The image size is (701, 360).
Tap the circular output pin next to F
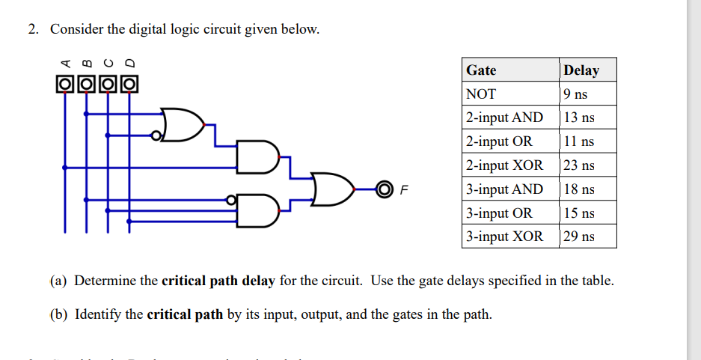pyautogui.click(x=384, y=188)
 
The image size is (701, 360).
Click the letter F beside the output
pyautogui.click(x=404, y=189)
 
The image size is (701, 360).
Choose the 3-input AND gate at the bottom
pyautogui.click(x=254, y=210)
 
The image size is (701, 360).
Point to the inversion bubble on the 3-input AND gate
pyautogui.click(x=232, y=200)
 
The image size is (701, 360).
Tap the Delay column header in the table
pyautogui.click(x=581, y=70)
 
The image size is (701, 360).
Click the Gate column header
pyautogui.click(x=481, y=70)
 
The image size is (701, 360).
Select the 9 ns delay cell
pyautogui.click(x=575, y=94)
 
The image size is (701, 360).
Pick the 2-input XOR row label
pyautogui.click(x=503, y=165)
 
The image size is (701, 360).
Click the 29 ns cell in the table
pyautogui.click(x=579, y=237)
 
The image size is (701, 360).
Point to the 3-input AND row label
pyautogui.click(x=504, y=189)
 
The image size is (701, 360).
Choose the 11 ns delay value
pyautogui.click(x=579, y=141)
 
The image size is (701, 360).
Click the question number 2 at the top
pyautogui.click(x=33, y=30)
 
